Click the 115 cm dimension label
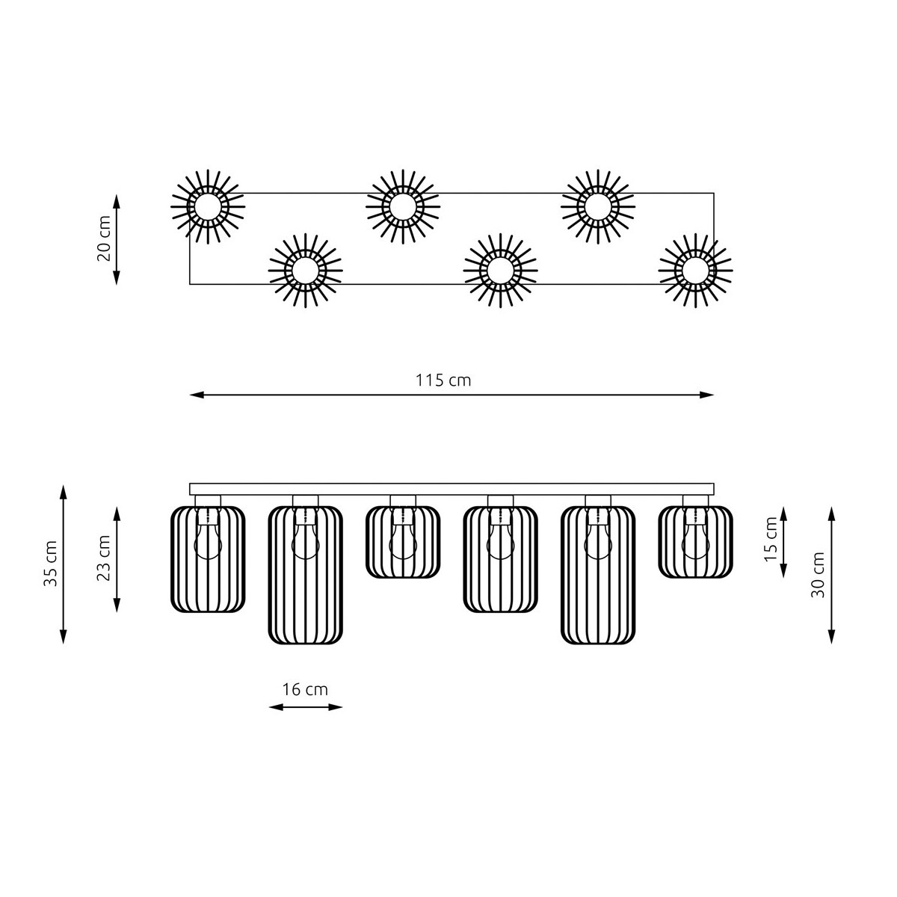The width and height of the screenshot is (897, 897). point(443,380)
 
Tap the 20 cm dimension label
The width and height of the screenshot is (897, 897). point(104,238)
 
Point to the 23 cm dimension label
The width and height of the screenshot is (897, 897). point(104,558)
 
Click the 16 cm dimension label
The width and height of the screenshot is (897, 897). point(305,689)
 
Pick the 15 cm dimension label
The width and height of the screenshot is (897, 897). point(771,541)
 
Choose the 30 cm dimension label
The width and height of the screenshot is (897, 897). point(819,575)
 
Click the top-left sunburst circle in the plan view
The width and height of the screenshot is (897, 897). point(208,206)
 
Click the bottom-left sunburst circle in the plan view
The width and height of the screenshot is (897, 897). point(306,270)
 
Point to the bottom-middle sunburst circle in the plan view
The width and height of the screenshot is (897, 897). point(500,270)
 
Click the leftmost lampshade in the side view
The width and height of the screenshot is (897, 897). point(208,559)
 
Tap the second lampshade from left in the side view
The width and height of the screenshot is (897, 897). point(305,574)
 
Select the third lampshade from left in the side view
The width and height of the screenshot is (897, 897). point(403,542)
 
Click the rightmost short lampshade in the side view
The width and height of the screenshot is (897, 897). point(695,542)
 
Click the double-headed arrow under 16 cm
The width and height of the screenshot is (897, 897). point(305,706)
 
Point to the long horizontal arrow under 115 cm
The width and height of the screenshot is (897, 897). point(451,395)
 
